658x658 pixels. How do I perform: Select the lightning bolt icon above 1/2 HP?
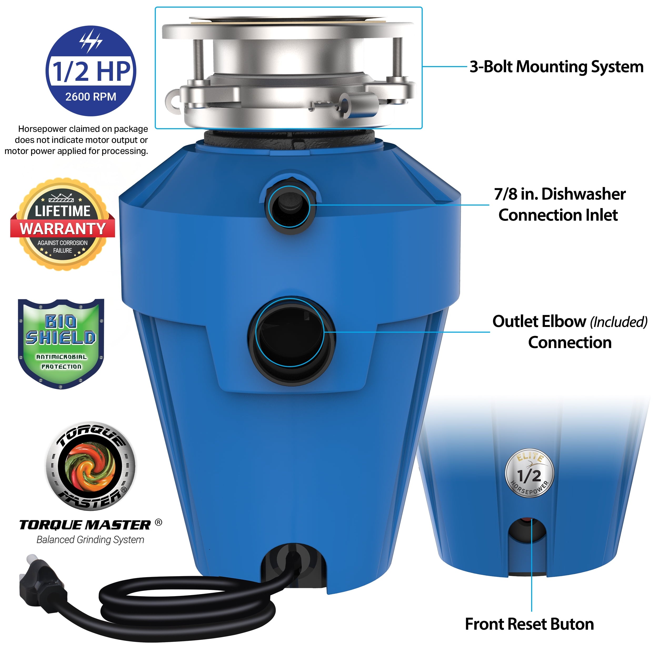(x=91, y=41)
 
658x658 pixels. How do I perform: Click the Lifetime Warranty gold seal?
(x=63, y=224)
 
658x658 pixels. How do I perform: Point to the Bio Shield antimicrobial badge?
(x=61, y=344)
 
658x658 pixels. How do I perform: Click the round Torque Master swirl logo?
(x=91, y=466)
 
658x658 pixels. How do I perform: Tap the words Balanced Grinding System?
(x=90, y=540)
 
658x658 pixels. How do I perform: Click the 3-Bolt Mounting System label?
(x=556, y=67)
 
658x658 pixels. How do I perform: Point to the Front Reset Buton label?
(x=530, y=624)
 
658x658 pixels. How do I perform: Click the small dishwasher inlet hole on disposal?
(x=290, y=206)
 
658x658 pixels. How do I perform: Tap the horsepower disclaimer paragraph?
(x=77, y=140)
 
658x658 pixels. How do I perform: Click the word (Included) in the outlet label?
(x=619, y=322)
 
